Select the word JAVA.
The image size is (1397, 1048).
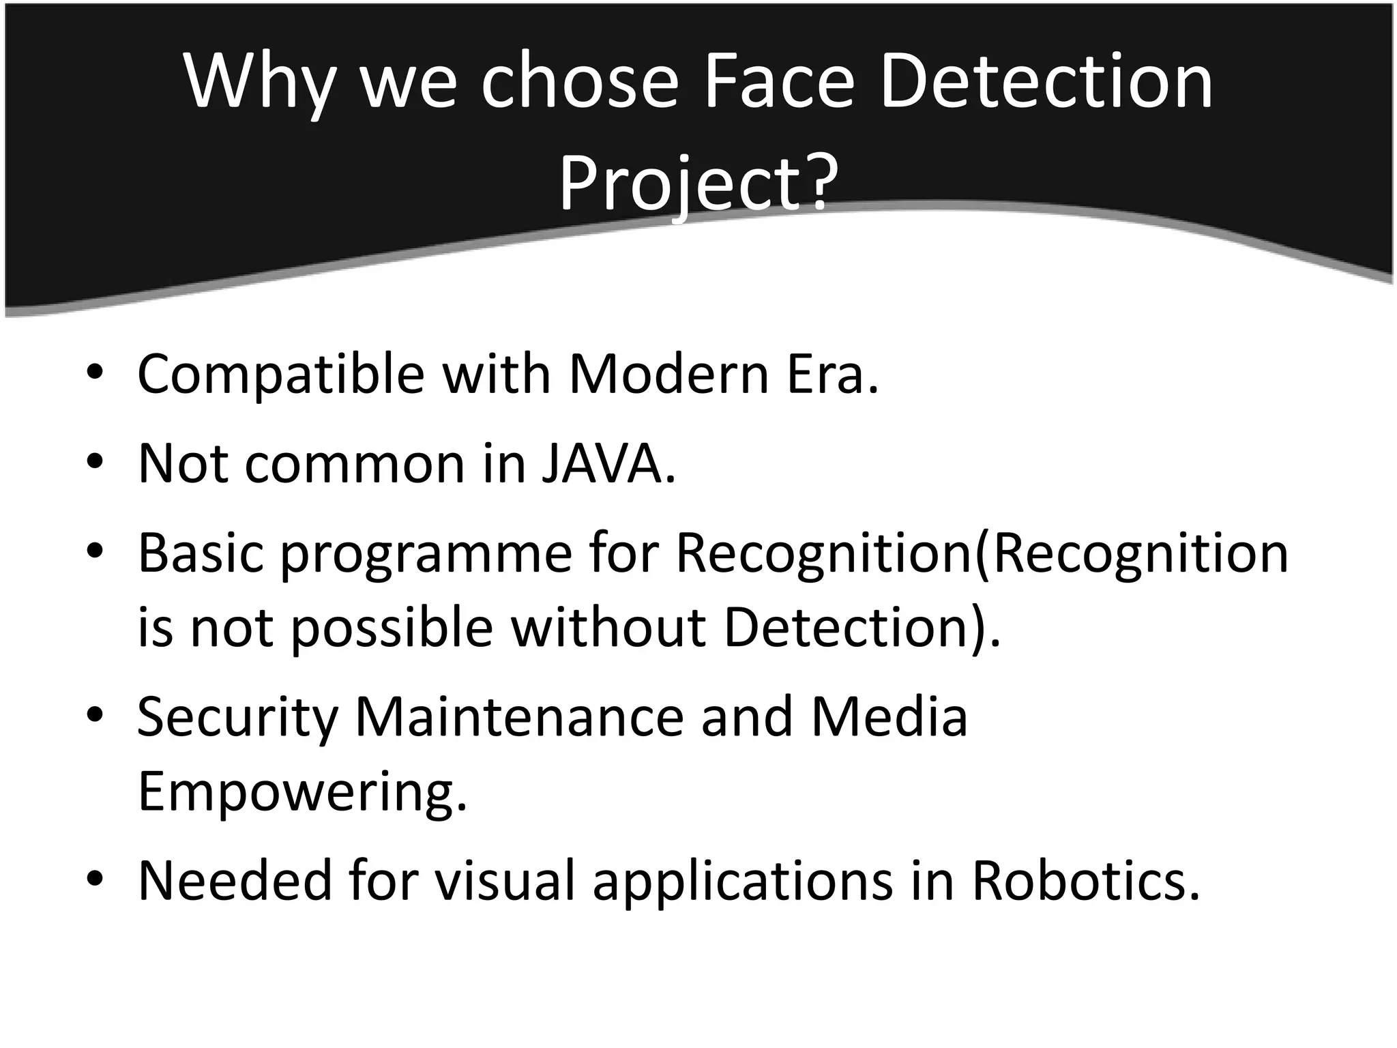[x=608, y=464]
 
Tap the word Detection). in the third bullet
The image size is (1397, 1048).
[x=862, y=628]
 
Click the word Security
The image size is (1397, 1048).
[x=237, y=718]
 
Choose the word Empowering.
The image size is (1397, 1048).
[x=302, y=791]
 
